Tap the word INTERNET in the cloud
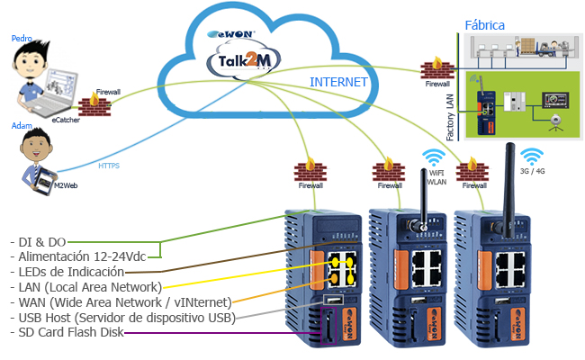pyautogui.click(x=338, y=82)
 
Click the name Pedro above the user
pyautogui.click(x=22, y=39)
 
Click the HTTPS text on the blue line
pyautogui.click(x=109, y=166)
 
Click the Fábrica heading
pyautogui.click(x=484, y=24)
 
